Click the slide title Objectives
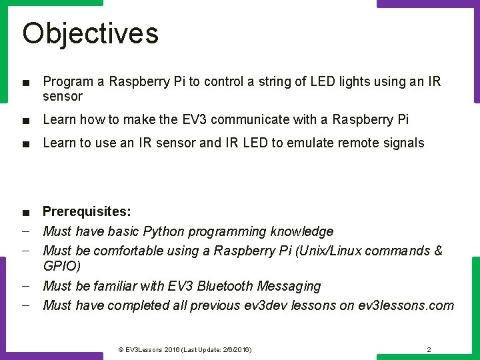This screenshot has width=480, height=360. coord(90,33)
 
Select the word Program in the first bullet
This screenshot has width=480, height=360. coord(68,82)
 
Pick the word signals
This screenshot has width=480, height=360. coord(401,143)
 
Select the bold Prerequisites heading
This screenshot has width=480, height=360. coord(87,212)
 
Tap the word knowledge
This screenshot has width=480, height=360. coord(301,232)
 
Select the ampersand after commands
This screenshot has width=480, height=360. coord(437,251)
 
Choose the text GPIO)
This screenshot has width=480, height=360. coord(61,266)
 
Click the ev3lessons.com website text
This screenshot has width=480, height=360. coord(406,306)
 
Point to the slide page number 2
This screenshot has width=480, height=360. coord(429,349)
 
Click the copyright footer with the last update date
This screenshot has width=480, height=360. coord(185,349)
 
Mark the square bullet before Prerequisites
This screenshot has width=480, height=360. coord(25,213)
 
